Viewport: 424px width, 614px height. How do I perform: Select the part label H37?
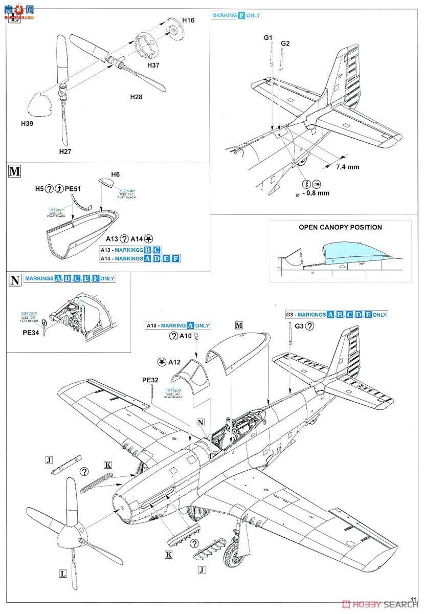[153, 65]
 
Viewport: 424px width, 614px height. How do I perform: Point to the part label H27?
[65, 151]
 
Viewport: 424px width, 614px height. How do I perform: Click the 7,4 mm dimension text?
[348, 167]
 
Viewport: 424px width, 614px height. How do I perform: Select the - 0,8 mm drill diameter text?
[315, 193]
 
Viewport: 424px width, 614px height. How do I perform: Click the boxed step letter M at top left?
[15, 171]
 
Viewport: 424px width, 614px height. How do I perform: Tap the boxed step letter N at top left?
[15, 279]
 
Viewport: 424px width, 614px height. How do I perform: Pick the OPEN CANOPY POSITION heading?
[340, 227]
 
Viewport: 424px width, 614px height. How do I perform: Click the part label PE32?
[150, 380]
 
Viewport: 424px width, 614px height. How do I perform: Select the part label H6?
[115, 174]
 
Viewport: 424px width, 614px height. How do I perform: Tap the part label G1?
[269, 38]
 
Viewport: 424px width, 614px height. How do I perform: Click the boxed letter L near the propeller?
[62, 574]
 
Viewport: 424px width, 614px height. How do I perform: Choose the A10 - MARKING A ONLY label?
[177, 325]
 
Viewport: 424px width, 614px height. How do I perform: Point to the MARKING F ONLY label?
[236, 15]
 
